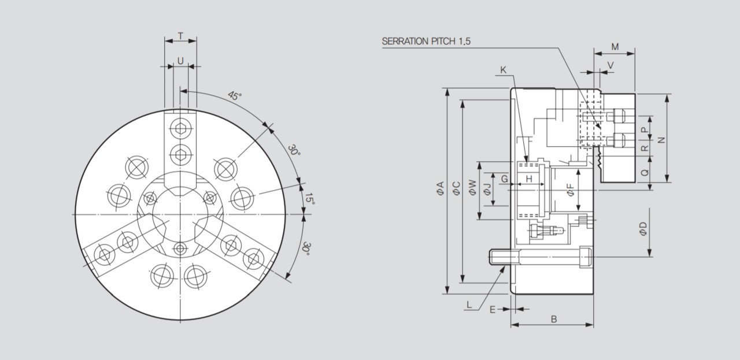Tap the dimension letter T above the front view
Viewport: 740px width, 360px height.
pyautogui.click(x=180, y=36)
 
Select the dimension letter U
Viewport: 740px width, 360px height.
pyautogui.click(x=180, y=61)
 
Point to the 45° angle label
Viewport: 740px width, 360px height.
pyautogui.click(x=234, y=96)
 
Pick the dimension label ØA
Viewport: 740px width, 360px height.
pyautogui.click(x=440, y=188)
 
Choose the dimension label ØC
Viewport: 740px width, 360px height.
pyautogui.click(x=456, y=188)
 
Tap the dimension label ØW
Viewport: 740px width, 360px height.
pyautogui.click(x=472, y=187)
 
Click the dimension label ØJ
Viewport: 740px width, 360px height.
pyautogui.click(x=487, y=188)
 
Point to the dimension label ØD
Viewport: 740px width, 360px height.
pyautogui.click(x=643, y=229)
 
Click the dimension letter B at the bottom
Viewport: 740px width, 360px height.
pyautogui.click(x=554, y=319)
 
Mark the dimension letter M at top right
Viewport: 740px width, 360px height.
pyautogui.click(x=615, y=47)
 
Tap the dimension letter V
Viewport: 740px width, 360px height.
pyautogui.click(x=610, y=65)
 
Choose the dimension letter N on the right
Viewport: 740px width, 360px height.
pyautogui.click(x=662, y=139)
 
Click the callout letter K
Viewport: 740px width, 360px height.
pyautogui.click(x=503, y=70)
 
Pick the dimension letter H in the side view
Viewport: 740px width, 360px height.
pyautogui.click(x=528, y=180)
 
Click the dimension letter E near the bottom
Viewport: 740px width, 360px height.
pyautogui.click(x=493, y=310)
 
